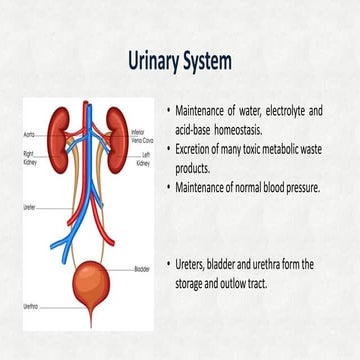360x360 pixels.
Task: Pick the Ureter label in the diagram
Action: [30, 209]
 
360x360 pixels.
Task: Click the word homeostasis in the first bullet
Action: [248, 127]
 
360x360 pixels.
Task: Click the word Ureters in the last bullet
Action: [195, 264]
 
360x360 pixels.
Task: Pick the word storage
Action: [196, 283]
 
